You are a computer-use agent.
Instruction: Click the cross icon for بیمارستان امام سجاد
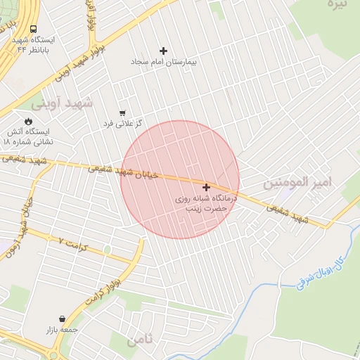[164, 51]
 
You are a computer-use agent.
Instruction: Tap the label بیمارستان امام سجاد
[164, 62]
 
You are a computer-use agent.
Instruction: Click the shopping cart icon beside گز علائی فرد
[122, 112]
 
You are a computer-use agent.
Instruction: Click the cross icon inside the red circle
[206, 187]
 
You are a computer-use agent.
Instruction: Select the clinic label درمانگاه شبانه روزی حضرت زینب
[206, 204]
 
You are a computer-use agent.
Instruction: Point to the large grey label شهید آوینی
[67, 103]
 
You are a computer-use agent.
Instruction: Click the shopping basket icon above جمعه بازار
[63, 319]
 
